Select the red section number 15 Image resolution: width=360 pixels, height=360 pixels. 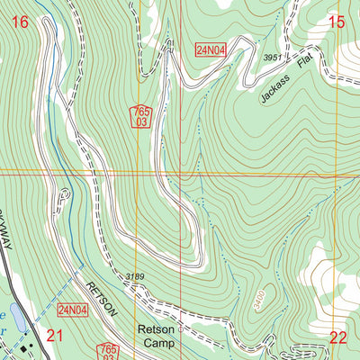337,22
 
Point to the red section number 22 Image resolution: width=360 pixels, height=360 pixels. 337,337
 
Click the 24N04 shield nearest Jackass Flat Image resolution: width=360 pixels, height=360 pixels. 210,49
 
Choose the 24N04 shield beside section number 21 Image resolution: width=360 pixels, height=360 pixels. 73,311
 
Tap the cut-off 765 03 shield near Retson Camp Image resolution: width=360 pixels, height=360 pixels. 109,351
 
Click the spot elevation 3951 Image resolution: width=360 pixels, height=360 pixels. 273,58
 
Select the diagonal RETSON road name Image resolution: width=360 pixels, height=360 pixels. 102,299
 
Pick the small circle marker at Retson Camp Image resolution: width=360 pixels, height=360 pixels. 180,329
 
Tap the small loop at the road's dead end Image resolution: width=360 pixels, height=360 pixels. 64,193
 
